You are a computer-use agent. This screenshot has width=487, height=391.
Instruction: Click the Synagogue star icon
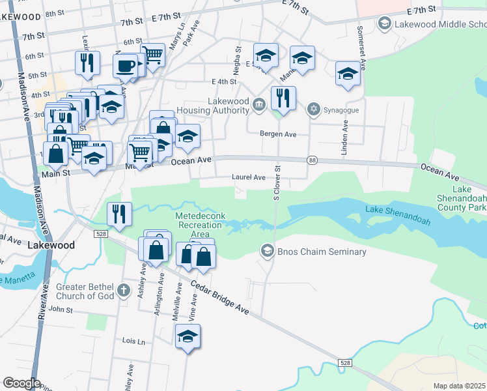point(314,108)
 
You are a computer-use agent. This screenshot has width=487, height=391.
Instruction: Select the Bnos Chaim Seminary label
point(321,252)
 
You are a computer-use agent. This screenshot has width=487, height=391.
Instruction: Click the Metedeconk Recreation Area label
point(201,224)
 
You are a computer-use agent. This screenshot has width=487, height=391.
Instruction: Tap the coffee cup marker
point(126,65)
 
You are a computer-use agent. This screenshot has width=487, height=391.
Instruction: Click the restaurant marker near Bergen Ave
point(283,98)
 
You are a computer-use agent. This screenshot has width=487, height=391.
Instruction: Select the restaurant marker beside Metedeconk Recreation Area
point(119,214)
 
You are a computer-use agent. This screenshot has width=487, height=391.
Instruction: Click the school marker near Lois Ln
point(188,336)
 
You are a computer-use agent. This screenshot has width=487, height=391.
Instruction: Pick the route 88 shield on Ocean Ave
point(313,160)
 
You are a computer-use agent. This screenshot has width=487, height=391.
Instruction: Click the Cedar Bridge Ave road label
point(220,297)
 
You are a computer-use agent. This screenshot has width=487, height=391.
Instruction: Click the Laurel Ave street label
point(249,177)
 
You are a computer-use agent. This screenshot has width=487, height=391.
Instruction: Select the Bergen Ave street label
point(278,134)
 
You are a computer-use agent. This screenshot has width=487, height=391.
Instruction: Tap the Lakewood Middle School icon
point(385,24)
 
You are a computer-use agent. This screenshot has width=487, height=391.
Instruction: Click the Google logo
point(21,383)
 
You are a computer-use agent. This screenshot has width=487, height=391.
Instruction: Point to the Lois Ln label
point(133,341)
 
